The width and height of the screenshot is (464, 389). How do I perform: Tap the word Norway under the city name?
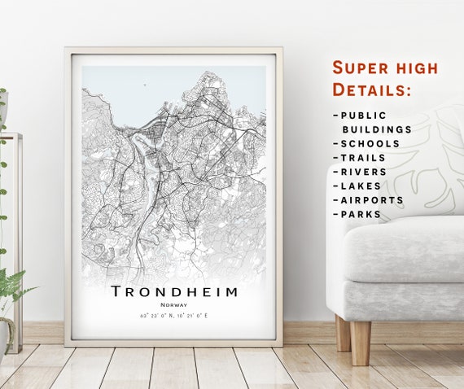pos(173,304)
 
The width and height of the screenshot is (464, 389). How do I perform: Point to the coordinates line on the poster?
pos(173,315)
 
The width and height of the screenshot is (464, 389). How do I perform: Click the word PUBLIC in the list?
pos(364,116)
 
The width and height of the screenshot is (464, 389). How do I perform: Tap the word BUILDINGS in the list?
pos(376,129)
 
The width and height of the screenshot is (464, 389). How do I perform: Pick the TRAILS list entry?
pos(365,158)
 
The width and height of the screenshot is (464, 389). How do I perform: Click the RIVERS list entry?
pos(365,172)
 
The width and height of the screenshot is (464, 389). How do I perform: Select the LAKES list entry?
pos(361,186)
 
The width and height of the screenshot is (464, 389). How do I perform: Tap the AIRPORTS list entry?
pos(372,199)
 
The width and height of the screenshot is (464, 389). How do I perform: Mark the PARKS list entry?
pos(361,214)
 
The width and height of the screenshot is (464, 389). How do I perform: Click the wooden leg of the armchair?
pos(360,341)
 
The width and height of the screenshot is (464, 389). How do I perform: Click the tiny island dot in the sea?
pos(144,82)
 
